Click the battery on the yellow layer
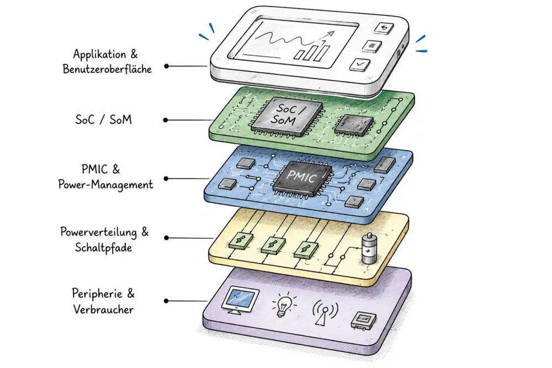point(369,248)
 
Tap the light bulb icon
point(284,305)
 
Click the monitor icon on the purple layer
point(241,300)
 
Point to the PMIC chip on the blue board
point(302,178)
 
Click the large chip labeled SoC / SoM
point(286,116)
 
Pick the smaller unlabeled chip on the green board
point(353,125)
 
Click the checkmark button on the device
point(360,65)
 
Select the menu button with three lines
point(371,46)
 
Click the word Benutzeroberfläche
point(107,69)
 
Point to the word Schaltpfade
point(103,247)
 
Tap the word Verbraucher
point(103,310)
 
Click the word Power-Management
point(105,185)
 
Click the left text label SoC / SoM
point(104,120)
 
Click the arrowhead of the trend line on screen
point(330,34)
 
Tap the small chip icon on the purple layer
point(364,320)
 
